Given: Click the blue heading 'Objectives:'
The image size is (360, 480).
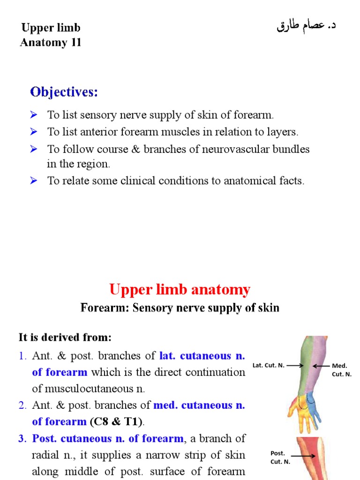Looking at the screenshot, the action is pos(64,92).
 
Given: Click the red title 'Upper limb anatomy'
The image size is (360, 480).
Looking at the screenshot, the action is pos(180,290).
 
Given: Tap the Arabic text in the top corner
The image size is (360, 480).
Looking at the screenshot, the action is pos(306,26).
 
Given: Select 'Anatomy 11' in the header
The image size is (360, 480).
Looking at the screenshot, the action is pos(51,43).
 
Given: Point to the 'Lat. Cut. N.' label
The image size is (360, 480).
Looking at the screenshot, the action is pos(268,365).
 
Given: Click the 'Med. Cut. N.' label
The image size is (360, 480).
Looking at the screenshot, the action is pos(340,370).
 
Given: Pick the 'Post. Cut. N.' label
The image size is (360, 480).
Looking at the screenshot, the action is pos(280,457).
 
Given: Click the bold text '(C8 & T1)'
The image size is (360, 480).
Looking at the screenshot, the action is pos(117,421).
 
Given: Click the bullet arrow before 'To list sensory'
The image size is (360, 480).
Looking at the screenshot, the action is pos(34,115).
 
